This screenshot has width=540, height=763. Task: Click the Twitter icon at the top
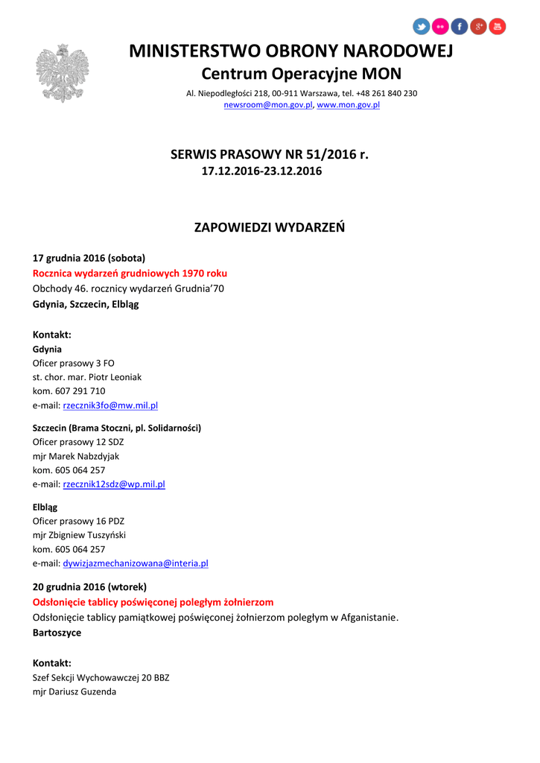[x=422, y=27]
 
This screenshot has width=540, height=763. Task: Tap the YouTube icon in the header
[x=498, y=27]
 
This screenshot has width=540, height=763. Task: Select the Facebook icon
[x=460, y=27]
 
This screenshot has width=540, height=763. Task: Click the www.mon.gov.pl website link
[x=349, y=106]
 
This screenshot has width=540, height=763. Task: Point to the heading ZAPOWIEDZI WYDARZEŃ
[x=270, y=227]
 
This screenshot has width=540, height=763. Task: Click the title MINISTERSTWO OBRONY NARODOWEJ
[x=291, y=51]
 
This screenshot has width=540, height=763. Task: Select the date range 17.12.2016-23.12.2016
[x=262, y=171]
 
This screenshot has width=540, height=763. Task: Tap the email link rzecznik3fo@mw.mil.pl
[x=110, y=406]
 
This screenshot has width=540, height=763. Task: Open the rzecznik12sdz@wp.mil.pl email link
[x=114, y=484]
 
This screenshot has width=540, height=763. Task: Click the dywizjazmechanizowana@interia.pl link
[x=136, y=563]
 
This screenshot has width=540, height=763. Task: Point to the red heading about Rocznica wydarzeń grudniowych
[x=130, y=273]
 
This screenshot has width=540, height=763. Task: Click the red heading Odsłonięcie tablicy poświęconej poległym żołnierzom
[x=153, y=602]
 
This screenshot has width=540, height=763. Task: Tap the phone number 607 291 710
[x=80, y=391]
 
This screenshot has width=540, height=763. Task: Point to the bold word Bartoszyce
[x=57, y=633]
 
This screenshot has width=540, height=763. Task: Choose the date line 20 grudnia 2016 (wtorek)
[x=89, y=586]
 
